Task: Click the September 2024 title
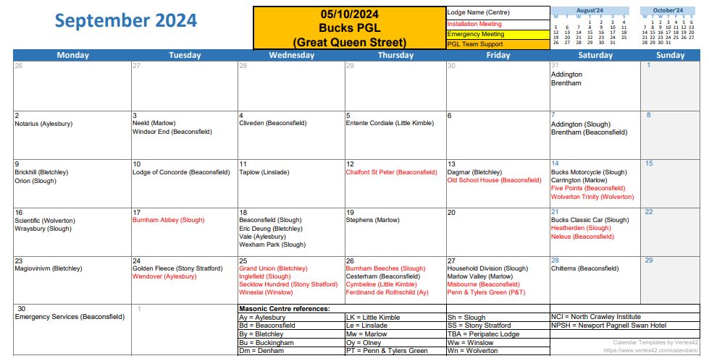(126, 21)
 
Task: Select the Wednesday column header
(290, 55)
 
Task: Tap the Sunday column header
(671, 55)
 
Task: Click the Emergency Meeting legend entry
(476, 34)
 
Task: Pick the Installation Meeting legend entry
(475, 24)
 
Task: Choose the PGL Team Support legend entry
(475, 44)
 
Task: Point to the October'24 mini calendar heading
(668, 10)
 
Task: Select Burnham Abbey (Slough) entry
(168, 220)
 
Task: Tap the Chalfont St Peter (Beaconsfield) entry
(391, 172)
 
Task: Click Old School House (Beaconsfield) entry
(494, 180)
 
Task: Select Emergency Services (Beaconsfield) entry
(70, 317)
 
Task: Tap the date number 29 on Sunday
(650, 260)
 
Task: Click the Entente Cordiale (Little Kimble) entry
(390, 124)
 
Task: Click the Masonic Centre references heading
(284, 309)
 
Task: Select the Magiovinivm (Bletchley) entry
(49, 268)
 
